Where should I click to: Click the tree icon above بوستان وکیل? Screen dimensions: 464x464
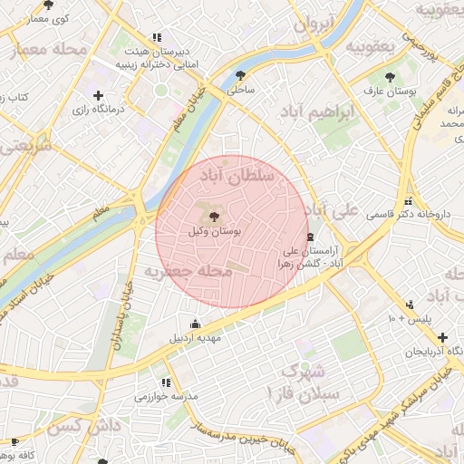coord(214,217)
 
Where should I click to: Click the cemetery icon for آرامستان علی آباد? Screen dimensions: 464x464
coord(311,237)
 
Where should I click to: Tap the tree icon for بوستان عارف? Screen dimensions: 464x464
coord(390,77)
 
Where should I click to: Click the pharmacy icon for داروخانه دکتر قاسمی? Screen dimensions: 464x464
coord(408,201)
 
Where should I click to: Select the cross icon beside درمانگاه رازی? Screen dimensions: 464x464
coord(98,95)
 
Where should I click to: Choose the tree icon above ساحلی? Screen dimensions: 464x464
coord(240,75)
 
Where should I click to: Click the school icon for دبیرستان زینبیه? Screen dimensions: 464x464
coord(157,38)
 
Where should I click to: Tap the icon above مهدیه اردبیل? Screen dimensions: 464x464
coord(195,324)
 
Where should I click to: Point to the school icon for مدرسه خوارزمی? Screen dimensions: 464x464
coord(165,382)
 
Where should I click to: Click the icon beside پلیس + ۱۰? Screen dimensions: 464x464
coord(411,304)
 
